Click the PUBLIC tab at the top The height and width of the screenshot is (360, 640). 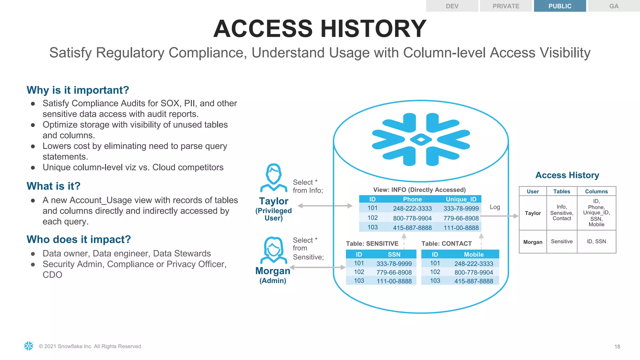[560, 6]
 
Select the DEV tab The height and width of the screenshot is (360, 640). [452, 6]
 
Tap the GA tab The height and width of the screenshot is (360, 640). [614, 6]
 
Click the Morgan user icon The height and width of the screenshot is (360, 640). [274, 250]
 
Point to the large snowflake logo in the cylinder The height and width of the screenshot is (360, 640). [421, 139]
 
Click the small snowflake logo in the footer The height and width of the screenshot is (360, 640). [29, 346]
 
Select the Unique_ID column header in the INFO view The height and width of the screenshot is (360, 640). [461, 199]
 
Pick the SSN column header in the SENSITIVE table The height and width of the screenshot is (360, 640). [394, 254]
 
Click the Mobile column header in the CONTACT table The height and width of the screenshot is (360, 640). [473, 254]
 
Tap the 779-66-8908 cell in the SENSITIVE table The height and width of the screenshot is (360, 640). [394, 272]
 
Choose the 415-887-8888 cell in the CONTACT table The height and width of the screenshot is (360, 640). [473, 281]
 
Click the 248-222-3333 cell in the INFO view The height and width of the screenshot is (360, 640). [412, 208]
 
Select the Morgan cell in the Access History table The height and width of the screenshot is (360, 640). [533, 242]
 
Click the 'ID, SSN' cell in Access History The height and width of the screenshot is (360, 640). [596, 242]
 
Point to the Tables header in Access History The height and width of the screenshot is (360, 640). [562, 191]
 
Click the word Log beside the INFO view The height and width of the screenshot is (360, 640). [495, 207]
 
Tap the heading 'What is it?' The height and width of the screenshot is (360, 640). [53, 186]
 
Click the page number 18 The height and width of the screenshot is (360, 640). [617, 347]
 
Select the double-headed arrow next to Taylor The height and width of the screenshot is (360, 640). [325, 206]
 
